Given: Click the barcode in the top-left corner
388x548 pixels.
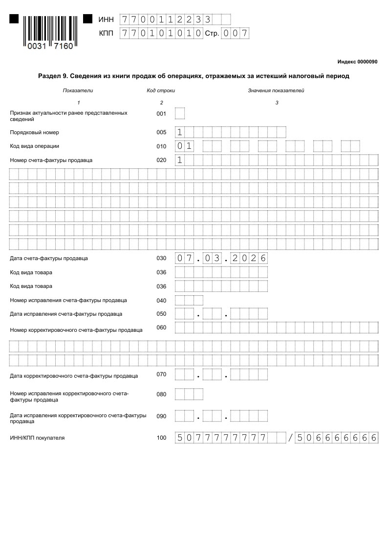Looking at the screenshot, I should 51,32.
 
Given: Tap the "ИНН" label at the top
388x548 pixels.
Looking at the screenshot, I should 106,20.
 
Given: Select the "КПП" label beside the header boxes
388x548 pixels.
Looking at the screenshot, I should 106,34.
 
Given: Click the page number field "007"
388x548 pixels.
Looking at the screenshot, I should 235,34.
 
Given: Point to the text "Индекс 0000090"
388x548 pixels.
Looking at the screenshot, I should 357,62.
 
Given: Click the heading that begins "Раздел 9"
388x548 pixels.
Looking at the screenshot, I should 194,76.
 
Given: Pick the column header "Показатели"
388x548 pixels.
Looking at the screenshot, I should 78,90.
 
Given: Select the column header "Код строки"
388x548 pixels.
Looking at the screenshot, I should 161,90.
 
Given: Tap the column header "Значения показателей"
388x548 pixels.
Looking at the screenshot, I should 276,90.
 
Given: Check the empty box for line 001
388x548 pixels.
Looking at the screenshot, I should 180,114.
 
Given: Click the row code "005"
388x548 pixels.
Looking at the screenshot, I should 161,132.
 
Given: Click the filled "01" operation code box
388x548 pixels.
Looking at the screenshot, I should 184,146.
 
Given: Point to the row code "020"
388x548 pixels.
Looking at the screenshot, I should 161,160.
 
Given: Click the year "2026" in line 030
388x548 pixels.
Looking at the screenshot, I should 249,258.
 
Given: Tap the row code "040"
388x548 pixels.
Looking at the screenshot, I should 161,301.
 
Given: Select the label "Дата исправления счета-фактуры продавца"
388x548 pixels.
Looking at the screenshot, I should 66,314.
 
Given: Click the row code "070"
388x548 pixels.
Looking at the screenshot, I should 161,375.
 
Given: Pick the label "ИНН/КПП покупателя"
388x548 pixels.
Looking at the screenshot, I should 37,438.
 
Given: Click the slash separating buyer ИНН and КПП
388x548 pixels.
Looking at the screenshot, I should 291,438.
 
